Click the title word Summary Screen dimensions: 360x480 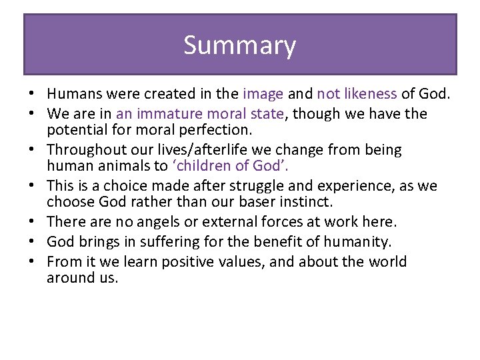tap(239, 45)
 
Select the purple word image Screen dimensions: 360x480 tap(263, 95)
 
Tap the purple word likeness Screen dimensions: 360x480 tap(370, 95)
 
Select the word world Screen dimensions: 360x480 tap(381, 261)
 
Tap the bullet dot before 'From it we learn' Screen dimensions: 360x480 tap(32, 262)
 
